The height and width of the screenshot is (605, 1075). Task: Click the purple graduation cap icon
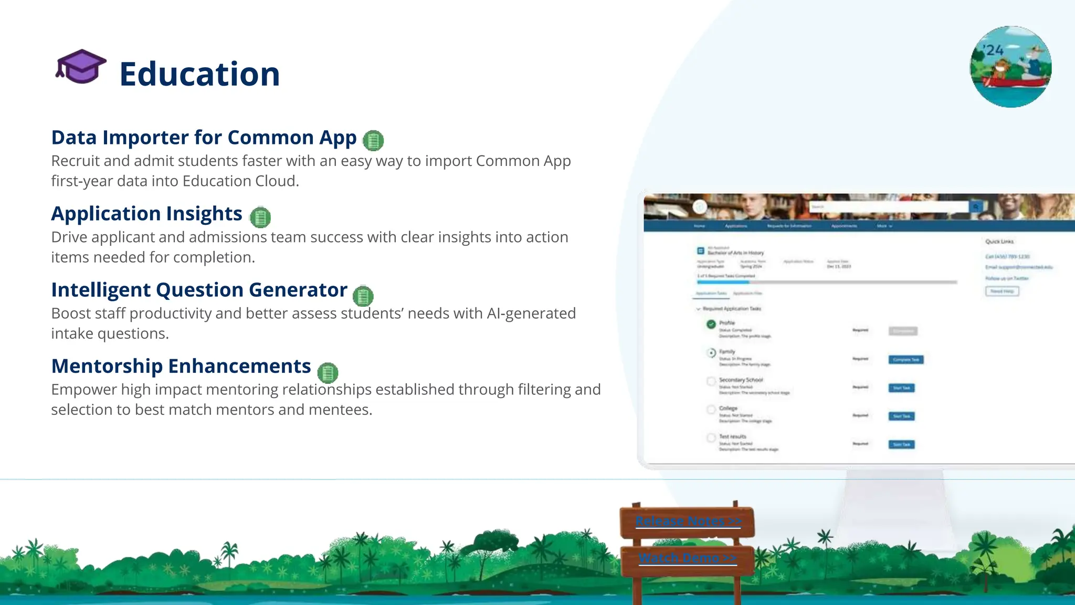coord(81,67)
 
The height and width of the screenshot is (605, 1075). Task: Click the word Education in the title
coord(199,74)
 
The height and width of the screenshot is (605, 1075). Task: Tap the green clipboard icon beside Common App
coord(373,140)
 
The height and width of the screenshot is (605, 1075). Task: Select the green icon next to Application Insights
coord(260,217)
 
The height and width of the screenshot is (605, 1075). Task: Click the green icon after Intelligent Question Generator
coord(363,296)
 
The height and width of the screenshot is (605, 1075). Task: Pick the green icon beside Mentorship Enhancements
coord(328,372)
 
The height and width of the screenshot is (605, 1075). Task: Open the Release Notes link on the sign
coord(688,521)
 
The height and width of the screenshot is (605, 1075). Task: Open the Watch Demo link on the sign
coord(688,558)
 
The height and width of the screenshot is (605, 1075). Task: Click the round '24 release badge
coord(1010,67)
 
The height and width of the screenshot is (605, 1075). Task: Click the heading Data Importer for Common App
coord(204,138)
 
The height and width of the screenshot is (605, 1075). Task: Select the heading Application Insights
coord(146,214)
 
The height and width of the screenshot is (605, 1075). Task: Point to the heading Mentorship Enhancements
coord(181,366)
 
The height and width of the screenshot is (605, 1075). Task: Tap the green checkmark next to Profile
coord(711,324)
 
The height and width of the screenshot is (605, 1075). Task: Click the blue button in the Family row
coord(905,360)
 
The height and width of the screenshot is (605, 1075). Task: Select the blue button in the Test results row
coord(901,444)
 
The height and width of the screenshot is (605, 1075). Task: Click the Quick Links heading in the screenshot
coord(999,242)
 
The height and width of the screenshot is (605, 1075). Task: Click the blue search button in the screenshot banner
coord(976,207)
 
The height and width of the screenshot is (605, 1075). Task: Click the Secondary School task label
coord(741,380)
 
